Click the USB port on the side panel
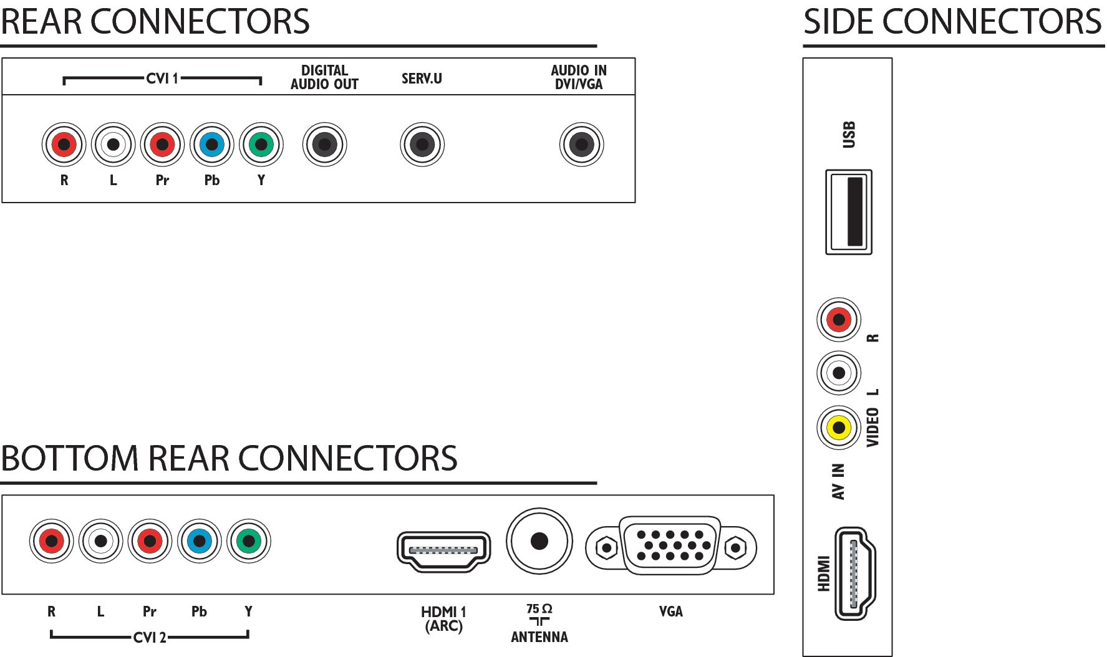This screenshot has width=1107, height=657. tap(848, 212)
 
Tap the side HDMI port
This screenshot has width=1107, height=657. tap(855, 573)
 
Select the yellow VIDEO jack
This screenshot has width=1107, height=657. tap(839, 428)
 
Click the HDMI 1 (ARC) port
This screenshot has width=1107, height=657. tap(443, 551)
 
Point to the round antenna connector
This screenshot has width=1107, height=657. tap(539, 540)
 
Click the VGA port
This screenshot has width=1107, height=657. tap(671, 546)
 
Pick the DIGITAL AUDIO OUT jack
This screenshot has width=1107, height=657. tap(324, 145)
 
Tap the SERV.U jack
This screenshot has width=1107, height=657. tap(422, 145)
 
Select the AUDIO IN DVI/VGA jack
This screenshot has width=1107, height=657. tap(581, 145)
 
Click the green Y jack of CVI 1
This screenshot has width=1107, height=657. tap(261, 145)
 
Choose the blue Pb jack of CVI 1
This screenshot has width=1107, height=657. tap(212, 145)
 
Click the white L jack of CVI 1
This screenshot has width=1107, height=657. tap(114, 145)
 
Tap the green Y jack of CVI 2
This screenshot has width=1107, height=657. tap(249, 540)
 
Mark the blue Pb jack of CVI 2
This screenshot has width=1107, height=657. tap(200, 540)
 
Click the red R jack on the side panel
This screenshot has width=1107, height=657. tap(839, 320)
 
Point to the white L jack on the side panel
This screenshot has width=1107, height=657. tap(839, 373)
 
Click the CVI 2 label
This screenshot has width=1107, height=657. tap(150, 638)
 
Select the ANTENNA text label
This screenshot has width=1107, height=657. tap(539, 637)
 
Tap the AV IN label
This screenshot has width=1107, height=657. tap(839, 481)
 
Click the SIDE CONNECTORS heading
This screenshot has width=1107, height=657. tap(952, 22)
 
